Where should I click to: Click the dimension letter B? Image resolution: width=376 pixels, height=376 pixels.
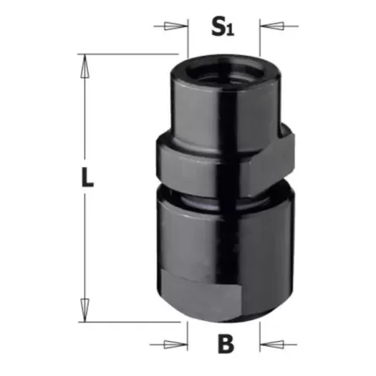(223, 343)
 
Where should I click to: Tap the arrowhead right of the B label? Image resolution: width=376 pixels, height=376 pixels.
(267, 343)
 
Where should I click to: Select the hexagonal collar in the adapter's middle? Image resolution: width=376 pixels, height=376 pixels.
(223, 159)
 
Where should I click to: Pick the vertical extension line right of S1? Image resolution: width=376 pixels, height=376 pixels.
(261, 46)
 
